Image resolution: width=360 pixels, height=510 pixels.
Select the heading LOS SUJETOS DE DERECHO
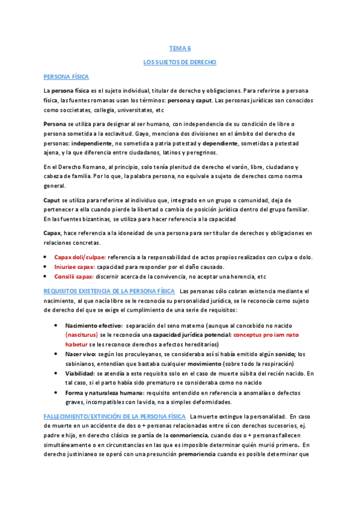pos(180,62)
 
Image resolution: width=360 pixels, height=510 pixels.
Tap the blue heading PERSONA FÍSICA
pos(66,77)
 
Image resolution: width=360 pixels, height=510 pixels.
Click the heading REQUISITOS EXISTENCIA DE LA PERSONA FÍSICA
pos(110,291)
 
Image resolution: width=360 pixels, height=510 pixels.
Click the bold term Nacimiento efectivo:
pos(94,325)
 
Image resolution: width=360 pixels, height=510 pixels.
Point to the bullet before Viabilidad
pos(55,373)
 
